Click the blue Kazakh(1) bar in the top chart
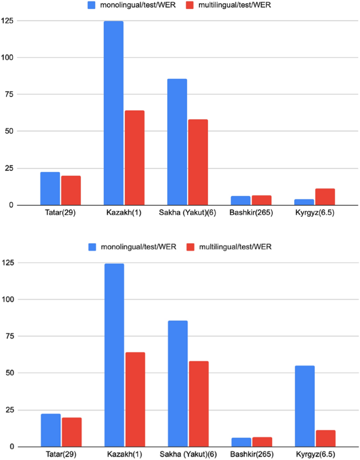114,113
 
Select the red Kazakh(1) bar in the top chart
135,158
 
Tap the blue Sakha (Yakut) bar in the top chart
177,142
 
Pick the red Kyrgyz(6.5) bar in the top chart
325,197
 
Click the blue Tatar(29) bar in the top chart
50,189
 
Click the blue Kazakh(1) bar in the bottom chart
114,355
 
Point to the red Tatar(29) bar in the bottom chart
71,432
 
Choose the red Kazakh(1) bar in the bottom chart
135,399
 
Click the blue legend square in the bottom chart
92,247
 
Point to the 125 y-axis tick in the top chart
8,21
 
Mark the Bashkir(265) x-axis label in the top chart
251,213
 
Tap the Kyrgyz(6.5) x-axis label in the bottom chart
315,454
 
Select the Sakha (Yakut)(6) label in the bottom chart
188,454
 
